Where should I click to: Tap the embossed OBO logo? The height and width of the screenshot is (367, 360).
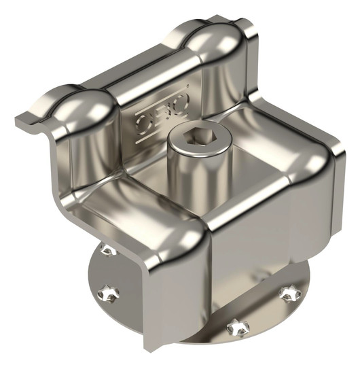(x=162, y=114)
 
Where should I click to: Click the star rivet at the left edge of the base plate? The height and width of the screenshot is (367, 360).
(x=108, y=293)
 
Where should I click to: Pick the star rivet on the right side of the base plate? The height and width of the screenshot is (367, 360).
(x=289, y=294)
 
